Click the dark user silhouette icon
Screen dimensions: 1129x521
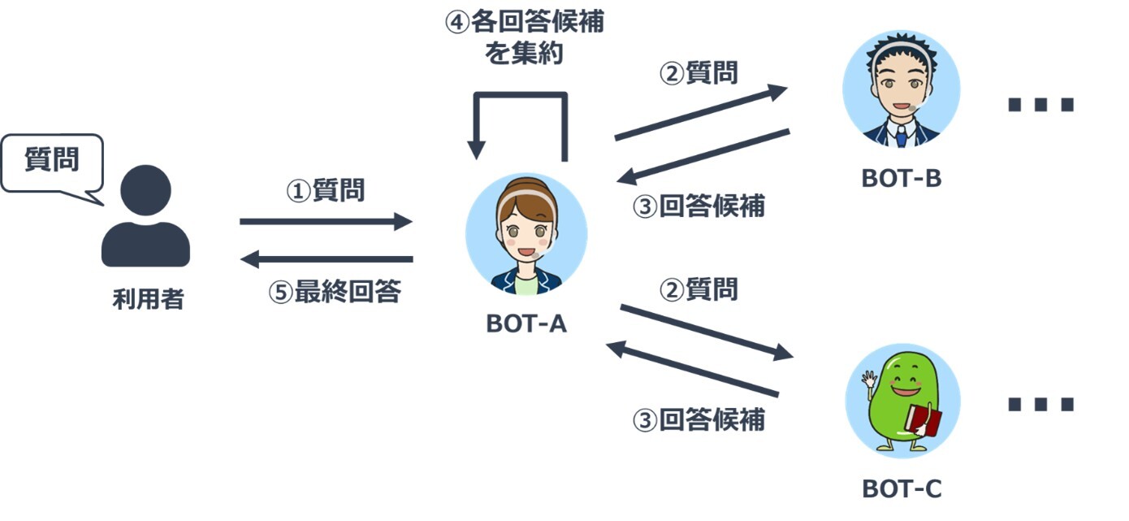coord(145,216)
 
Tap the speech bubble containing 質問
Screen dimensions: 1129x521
coord(53,164)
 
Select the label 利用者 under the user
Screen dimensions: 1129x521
coord(148,299)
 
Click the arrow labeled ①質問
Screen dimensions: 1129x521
coord(326,221)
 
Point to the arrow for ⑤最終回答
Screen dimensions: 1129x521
coord(326,259)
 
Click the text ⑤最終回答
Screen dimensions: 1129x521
coord(335,292)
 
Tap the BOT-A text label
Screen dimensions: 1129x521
coord(526,323)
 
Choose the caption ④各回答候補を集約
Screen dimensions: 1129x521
coord(524,38)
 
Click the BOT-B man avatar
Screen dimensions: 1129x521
coord(902,89)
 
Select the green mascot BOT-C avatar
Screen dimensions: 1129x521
coord(902,401)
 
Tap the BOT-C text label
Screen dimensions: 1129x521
coord(902,488)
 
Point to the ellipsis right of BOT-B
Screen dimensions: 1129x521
coord(1040,104)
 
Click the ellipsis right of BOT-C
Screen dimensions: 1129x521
coord(1040,404)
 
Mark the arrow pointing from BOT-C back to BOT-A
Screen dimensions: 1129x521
coord(692,369)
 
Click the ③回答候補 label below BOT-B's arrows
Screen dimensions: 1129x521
coord(699,206)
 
